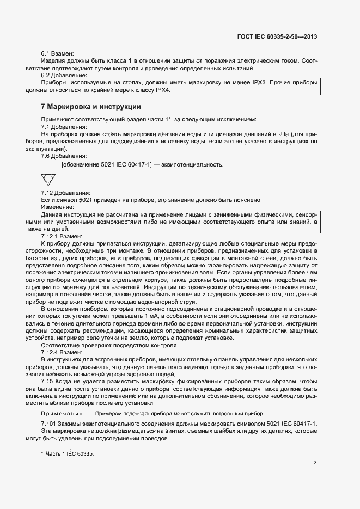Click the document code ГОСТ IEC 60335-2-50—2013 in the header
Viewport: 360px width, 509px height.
coord(277,38)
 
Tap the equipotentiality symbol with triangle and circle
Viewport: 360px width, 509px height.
coord(48,177)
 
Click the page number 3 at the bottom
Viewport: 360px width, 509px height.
coord(315,463)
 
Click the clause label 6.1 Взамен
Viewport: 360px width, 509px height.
coord(57,54)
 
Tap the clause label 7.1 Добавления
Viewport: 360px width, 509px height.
coord(64,126)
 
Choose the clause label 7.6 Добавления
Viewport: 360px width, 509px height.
coord(64,155)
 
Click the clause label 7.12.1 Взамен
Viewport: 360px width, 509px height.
coord(62,236)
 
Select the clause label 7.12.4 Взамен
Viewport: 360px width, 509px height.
coord(62,353)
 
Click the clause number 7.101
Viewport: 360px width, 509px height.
coord(51,424)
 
